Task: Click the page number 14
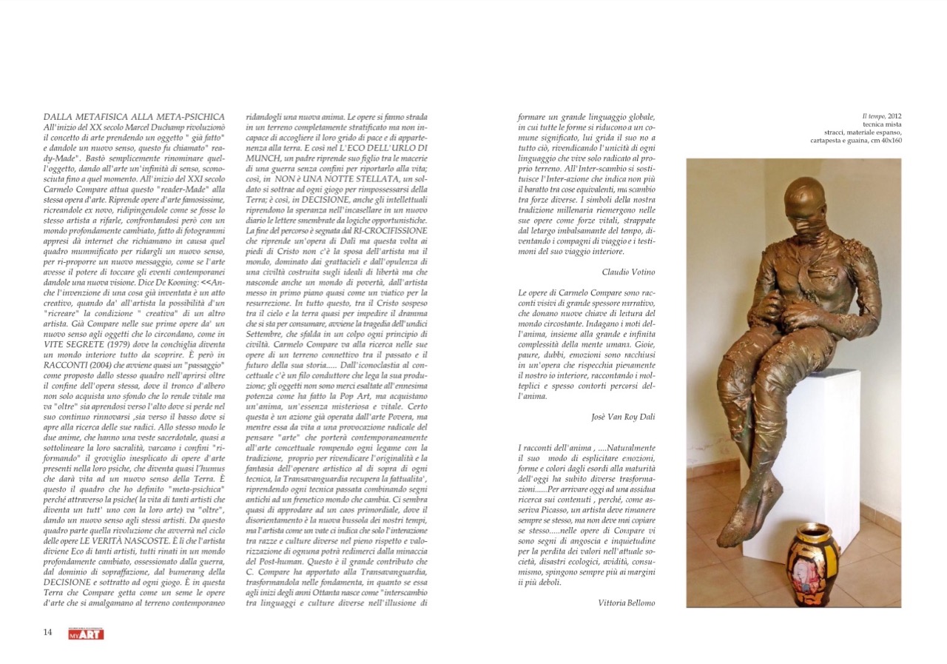[x=47, y=631]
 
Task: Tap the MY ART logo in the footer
[x=86, y=634]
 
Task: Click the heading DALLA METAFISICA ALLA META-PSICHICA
[x=134, y=117]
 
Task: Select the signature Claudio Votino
[x=628, y=272]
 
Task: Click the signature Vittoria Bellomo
[x=626, y=603]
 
